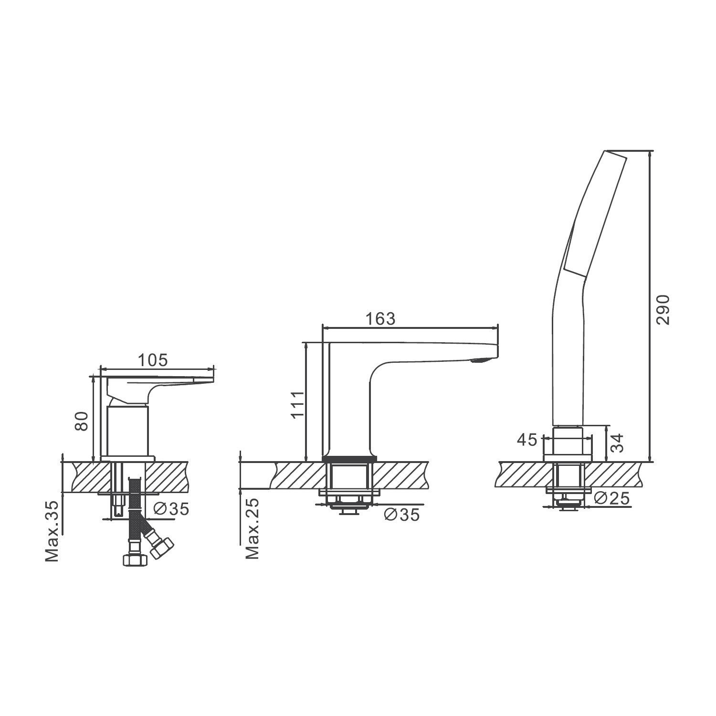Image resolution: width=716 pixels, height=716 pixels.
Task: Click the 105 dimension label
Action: [153, 360]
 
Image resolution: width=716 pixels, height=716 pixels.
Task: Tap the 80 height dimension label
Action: [82, 421]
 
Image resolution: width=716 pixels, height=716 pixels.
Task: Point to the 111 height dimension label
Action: [298, 404]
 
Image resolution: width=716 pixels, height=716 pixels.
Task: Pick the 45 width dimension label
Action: [527, 440]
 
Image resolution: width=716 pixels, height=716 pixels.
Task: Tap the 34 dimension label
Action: [617, 442]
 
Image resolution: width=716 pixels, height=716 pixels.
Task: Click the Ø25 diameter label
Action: [612, 498]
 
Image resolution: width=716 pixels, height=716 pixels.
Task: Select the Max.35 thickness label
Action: [52, 531]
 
